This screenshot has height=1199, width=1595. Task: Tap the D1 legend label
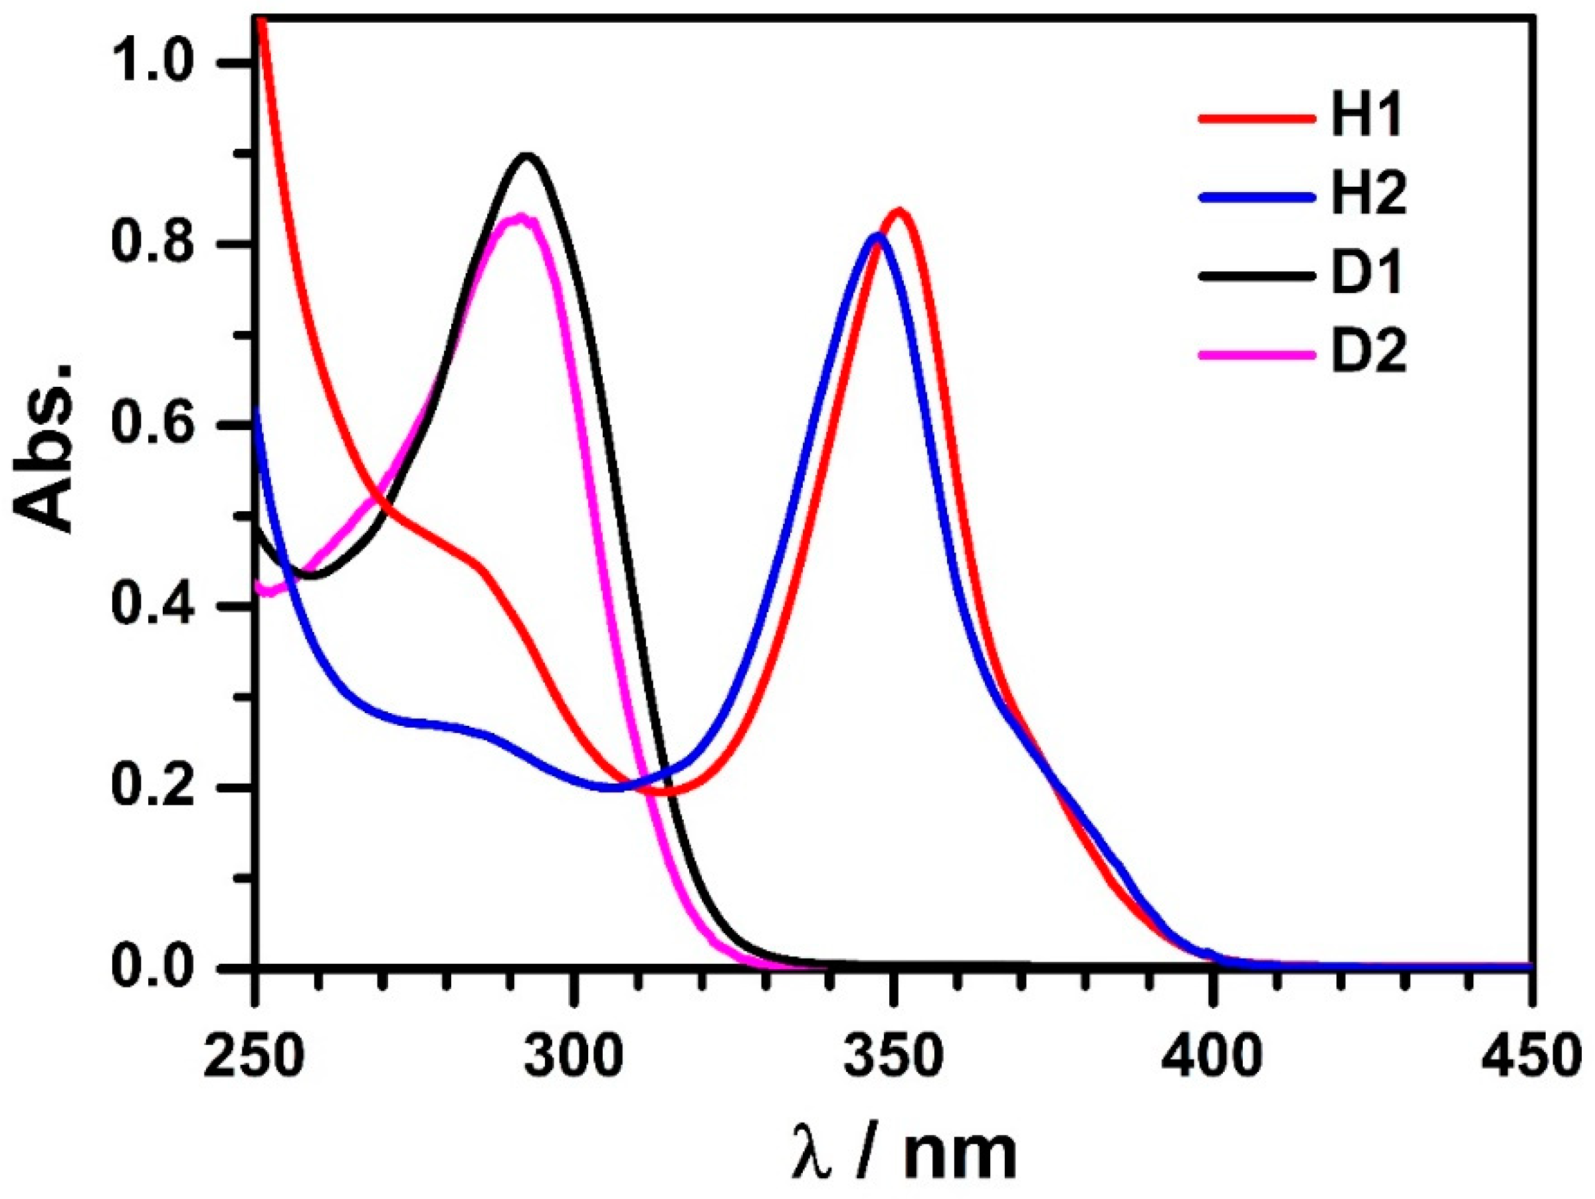pyautogui.click(x=1366, y=274)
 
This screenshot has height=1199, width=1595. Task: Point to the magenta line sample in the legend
pyautogui.click(x=1253, y=354)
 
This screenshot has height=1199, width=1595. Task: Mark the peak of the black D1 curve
pyautogui.click(x=528, y=155)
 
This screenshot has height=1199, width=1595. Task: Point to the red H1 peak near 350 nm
pyautogui.click(x=899, y=211)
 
